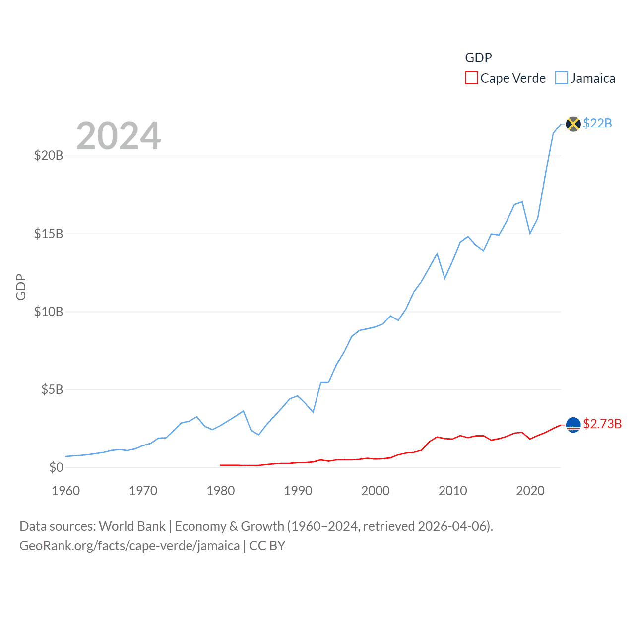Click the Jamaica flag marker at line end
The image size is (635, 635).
coord(573,124)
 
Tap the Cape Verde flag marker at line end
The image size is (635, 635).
coord(573,425)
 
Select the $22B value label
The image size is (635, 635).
coord(597,123)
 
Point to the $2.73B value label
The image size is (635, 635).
coord(602,424)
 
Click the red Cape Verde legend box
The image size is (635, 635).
coord(471,78)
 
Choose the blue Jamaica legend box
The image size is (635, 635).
coord(561,78)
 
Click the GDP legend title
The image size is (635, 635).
coord(478,58)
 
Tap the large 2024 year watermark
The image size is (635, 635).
coord(119,136)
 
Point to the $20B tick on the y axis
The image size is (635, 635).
coord(49,156)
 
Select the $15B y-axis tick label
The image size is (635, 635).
coord(49,234)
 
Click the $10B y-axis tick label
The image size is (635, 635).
coord(49,312)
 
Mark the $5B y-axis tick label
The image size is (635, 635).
coord(52,389)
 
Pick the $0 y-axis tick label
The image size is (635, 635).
coord(56,467)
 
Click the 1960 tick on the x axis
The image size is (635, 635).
coord(66,491)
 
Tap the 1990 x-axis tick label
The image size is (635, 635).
coord(298,491)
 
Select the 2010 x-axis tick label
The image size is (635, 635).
coord(453,491)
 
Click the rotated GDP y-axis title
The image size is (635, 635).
coord(21,287)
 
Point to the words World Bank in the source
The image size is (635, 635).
coord(132,526)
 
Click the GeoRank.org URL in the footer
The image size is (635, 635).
coord(129,546)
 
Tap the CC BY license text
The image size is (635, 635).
coord(267,546)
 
